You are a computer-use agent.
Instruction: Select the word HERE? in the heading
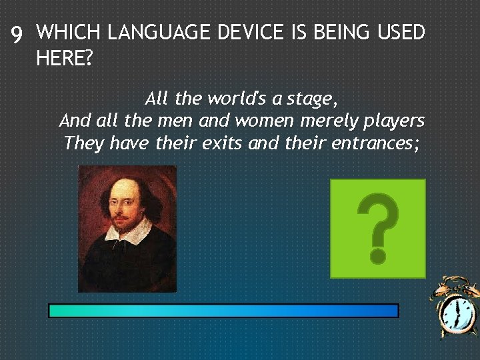[x=65, y=59]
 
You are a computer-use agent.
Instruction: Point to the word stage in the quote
[x=312, y=99]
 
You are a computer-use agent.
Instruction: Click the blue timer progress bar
[x=223, y=311]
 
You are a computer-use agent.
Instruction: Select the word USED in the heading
[x=398, y=32]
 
